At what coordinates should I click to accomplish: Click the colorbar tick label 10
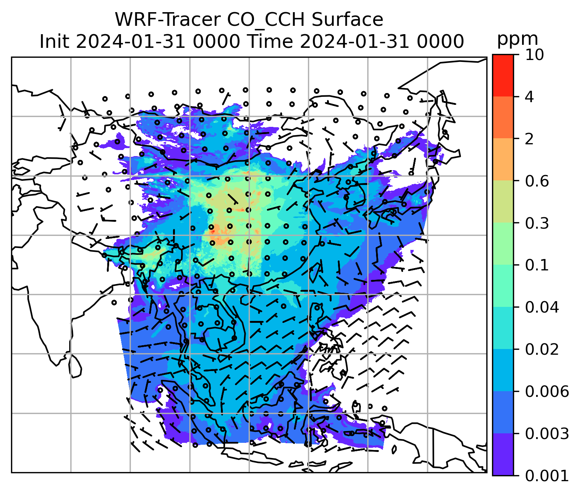click(x=534, y=55)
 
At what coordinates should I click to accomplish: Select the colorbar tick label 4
click(x=529, y=97)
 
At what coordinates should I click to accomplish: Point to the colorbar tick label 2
click(x=529, y=139)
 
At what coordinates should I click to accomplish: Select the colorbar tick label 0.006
click(x=547, y=392)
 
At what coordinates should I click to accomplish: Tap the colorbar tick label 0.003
click(x=547, y=434)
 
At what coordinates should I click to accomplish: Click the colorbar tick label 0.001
click(x=547, y=475)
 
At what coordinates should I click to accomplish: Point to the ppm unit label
click(x=518, y=39)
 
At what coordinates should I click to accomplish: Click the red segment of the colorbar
click(x=503, y=75)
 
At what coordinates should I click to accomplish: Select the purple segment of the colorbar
click(x=503, y=455)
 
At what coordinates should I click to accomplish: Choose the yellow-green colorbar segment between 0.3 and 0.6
click(x=503, y=202)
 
